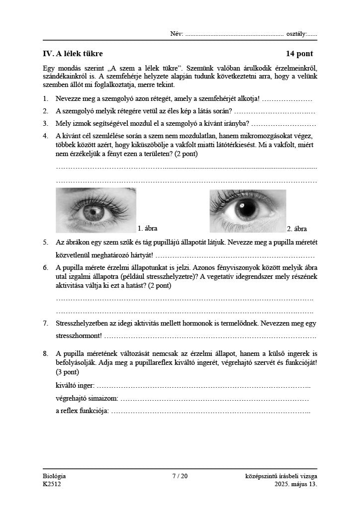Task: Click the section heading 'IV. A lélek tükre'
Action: coord(73,54)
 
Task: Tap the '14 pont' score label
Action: coord(299,54)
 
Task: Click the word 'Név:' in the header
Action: coord(177,34)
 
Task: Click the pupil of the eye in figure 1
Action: coord(93,213)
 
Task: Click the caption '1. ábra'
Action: coord(147,229)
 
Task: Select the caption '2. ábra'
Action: coord(297,229)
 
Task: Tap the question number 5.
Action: coord(45,243)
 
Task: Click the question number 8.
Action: coord(45,354)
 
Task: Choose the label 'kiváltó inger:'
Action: coord(75,386)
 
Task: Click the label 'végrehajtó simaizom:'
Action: coord(87,398)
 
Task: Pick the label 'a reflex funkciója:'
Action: coord(83,411)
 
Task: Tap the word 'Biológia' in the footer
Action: coord(54,476)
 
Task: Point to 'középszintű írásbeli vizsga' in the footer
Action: coord(281,476)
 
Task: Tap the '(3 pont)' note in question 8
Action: coord(67,371)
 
